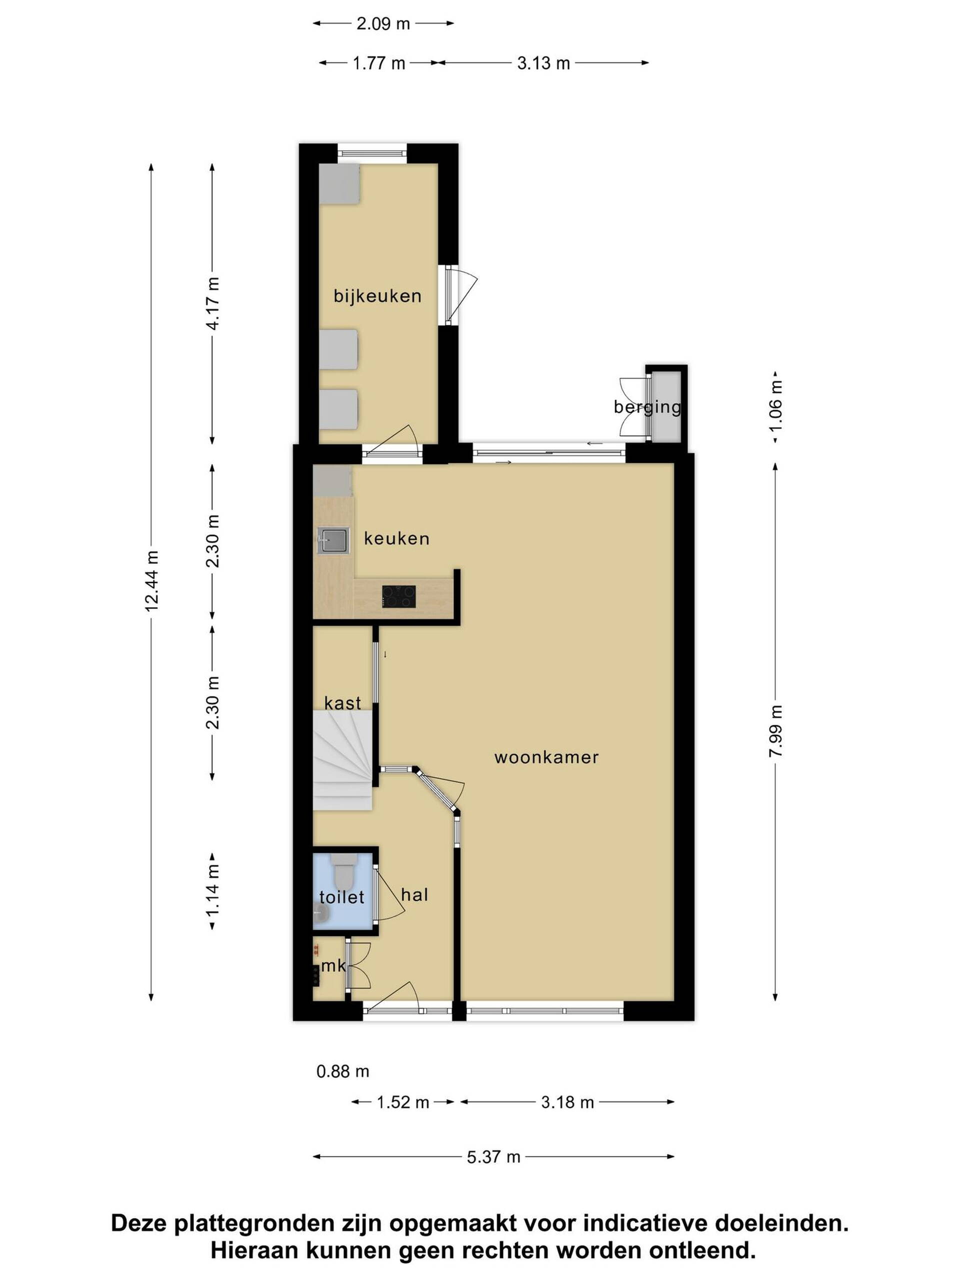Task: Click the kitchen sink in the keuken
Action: tap(332, 540)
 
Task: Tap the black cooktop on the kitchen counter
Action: tap(398, 596)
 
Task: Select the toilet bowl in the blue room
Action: tap(343, 870)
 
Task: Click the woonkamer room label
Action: tap(546, 757)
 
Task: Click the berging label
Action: tap(647, 407)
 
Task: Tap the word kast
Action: tap(342, 703)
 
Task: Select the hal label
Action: tap(414, 894)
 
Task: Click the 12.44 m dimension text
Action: tap(151, 581)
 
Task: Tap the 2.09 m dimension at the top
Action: tap(383, 23)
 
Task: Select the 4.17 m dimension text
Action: tap(212, 303)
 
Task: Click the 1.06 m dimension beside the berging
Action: tap(775, 405)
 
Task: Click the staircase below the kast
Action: tap(342, 760)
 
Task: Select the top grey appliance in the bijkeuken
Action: tap(339, 183)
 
